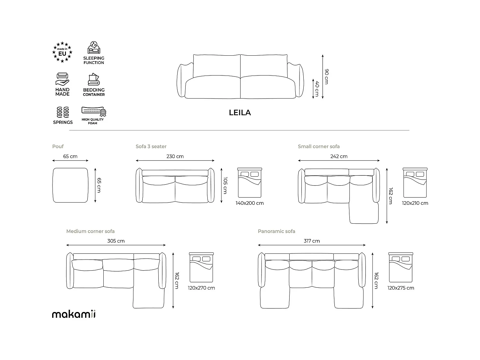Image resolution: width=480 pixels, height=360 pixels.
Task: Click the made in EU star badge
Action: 62,52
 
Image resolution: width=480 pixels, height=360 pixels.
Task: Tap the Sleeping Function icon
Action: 94,48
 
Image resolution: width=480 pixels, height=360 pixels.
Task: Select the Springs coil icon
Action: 63,112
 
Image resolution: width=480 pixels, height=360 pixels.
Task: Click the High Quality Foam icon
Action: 94,112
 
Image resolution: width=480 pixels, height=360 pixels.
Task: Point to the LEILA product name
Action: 240,113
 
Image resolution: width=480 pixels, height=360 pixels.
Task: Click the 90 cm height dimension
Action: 326,76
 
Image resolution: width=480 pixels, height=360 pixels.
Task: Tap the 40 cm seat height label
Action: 317,89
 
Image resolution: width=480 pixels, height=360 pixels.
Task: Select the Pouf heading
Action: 58,147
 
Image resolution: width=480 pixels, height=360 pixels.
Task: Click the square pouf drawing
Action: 70,185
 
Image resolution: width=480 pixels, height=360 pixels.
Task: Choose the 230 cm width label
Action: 175,156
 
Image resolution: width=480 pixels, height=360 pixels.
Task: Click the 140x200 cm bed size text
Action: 250,203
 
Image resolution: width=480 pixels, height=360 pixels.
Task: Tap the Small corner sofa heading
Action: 319,147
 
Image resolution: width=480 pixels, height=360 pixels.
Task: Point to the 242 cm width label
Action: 339,156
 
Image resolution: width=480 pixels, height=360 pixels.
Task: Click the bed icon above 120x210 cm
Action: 415,183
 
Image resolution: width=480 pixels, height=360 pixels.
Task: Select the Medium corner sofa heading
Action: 90,231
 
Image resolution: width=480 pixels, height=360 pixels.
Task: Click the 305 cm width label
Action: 116,241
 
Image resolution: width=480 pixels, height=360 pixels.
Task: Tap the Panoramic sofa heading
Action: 276,231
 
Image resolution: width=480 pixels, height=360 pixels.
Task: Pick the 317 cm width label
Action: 312,241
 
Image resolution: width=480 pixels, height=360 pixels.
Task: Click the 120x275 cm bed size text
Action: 401,288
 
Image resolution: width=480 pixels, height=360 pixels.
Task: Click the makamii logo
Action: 74,314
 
